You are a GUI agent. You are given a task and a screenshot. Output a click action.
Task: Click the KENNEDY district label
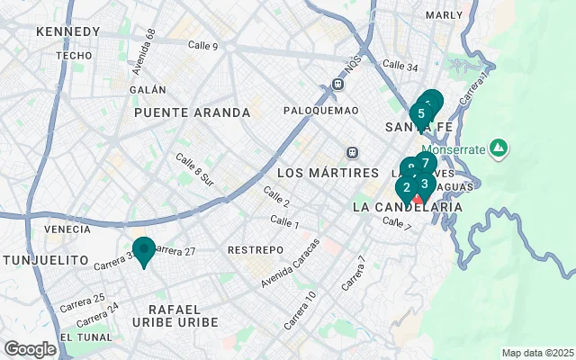point(67,31)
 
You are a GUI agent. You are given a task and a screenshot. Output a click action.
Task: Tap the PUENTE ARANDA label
point(192,112)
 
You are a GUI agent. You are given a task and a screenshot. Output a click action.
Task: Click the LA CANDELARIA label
point(409,207)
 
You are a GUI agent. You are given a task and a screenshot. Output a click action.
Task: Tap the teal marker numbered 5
point(421,113)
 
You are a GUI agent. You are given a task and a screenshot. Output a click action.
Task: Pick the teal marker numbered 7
point(425,164)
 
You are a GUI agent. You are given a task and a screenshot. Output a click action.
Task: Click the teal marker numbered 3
point(424,184)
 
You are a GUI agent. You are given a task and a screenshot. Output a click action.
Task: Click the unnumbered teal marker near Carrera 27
point(143,250)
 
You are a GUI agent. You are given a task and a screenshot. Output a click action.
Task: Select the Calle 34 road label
point(400,65)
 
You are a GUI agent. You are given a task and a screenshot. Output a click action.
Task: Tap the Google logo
point(30,349)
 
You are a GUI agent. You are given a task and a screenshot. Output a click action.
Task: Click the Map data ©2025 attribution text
point(537,353)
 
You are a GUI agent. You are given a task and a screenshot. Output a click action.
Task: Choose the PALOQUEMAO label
point(320,110)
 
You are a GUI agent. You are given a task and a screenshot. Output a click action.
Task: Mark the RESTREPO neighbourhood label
point(256,249)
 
